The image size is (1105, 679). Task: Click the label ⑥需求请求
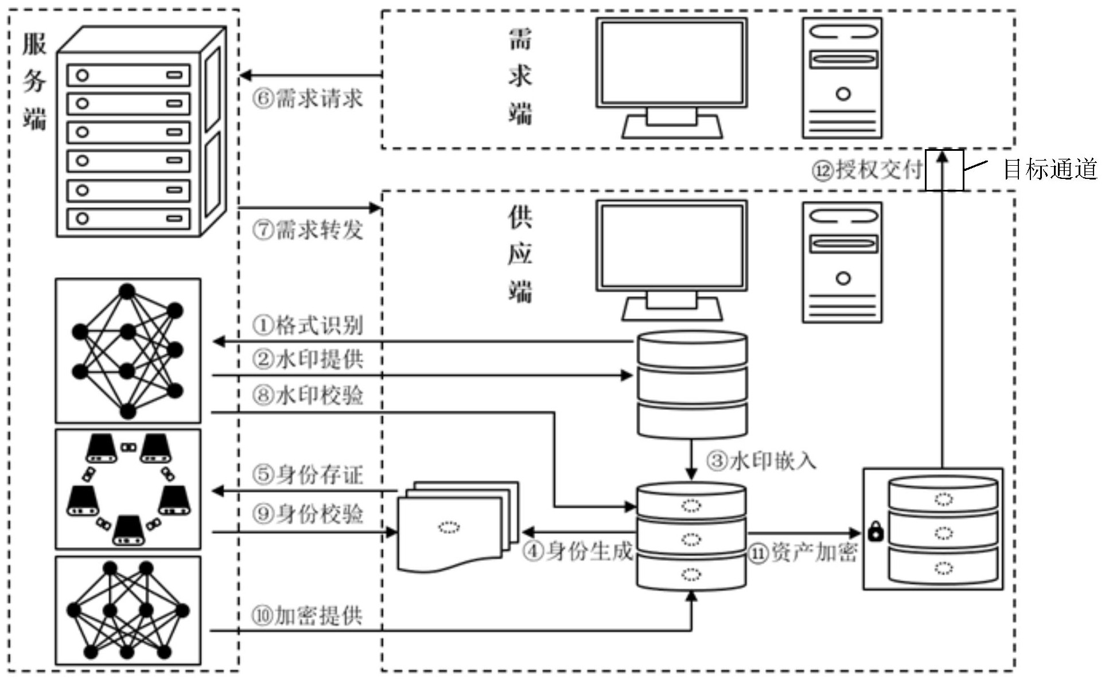click(x=308, y=99)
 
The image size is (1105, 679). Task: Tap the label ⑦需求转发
click(x=308, y=230)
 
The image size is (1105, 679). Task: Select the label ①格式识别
click(x=308, y=325)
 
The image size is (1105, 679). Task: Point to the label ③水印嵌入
click(x=761, y=461)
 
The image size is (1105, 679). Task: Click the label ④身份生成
click(x=578, y=551)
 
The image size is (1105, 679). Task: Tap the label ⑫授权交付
click(x=866, y=170)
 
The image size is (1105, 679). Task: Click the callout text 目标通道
click(x=1050, y=170)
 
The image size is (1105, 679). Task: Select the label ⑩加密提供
click(x=308, y=616)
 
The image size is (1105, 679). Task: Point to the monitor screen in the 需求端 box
click(x=671, y=63)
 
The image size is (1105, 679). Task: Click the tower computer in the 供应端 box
click(x=842, y=262)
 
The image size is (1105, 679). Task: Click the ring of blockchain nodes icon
click(x=128, y=489)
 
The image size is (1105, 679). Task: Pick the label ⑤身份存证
click(x=308, y=475)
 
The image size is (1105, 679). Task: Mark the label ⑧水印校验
click(x=308, y=395)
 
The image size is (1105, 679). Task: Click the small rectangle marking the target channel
click(x=944, y=170)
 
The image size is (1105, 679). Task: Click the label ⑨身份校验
click(x=308, y=513)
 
